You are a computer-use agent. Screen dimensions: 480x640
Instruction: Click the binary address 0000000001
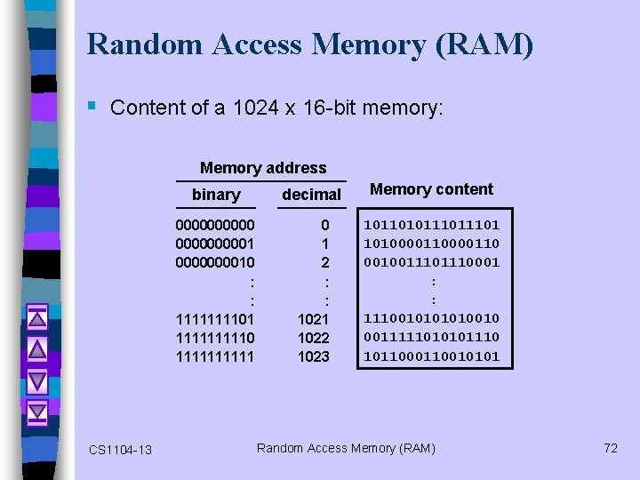216,244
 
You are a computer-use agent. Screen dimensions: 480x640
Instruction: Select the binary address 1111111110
216,338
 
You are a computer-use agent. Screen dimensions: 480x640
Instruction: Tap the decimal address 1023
313,356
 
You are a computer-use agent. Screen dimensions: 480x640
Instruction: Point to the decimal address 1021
313,319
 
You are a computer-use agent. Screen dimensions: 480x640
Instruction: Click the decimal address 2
325,262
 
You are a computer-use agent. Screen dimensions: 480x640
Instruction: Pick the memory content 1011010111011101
431,225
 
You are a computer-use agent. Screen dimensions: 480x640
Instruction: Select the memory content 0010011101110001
431,262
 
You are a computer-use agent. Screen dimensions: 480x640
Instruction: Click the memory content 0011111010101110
431,338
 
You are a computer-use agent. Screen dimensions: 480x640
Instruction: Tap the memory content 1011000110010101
431,356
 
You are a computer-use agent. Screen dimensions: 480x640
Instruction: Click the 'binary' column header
216,195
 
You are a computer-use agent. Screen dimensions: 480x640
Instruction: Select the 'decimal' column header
311,195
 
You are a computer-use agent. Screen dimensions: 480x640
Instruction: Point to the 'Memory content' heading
431,188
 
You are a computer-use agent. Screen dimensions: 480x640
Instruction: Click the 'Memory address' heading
263,168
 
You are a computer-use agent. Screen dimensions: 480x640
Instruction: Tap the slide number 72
610,448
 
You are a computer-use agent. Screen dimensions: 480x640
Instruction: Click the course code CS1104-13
120,450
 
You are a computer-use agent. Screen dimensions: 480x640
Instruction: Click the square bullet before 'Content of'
92,107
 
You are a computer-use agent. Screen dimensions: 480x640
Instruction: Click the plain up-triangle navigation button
36,349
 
